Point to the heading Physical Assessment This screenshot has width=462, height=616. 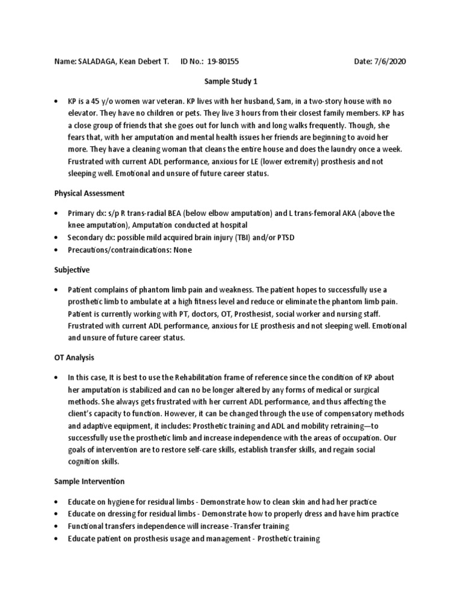[x=89, y=194]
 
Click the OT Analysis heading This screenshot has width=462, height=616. [x=75, y=358]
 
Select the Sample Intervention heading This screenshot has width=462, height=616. [x=90, y=482]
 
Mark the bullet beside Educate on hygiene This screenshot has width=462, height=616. [x=56, y=502]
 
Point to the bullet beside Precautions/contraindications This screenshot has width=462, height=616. [x=56, y=250]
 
